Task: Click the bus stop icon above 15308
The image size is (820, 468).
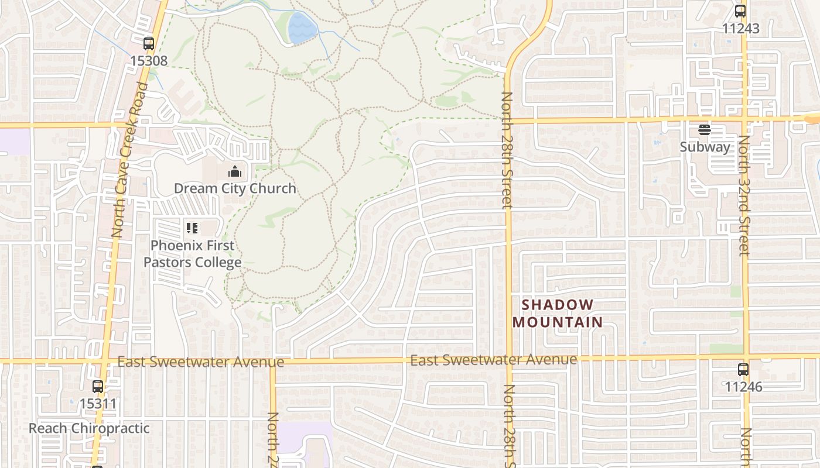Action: pyautogui.click(x=149, y=43)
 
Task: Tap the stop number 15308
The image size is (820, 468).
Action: pyautogui.click(x=149, y=60)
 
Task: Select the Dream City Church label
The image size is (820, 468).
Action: pyautogui.click(x=235, y=188)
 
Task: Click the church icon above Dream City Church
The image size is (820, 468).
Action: pyautogui.click(x=235, y=171)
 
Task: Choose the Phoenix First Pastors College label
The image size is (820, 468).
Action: pyautogui.click(x=193, y=254)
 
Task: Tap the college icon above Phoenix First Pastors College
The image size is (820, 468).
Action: pyautogui.click(x=192, y=228)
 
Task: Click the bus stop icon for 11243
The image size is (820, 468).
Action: pyautogui.click(x=740, y=11)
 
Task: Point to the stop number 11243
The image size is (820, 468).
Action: pyautogui.click(x=740, y=28)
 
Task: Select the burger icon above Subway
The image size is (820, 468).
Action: pyautogui.click(x=705, y=130)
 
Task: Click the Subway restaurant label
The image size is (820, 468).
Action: pyautogui.click(x=705, y=147)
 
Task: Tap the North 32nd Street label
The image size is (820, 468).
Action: pyautogui.click(x=744, y=196)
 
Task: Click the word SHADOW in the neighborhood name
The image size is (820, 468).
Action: pyautogui.click(x=557, y=305)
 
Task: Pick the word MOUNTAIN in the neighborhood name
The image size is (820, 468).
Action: pyautogui.click(x=557, y=322)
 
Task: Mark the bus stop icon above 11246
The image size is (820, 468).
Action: pyautogui.click(x=743, y=370)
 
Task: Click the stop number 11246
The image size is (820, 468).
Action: pyautogui.click(x=743, y=387)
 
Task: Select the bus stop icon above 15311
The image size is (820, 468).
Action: pyautogui.click(x=98, y=387)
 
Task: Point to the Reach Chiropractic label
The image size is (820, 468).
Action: pyautogui.click(x=89, y=428)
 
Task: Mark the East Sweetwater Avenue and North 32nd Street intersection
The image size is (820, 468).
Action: pyautogui.click(x=747, y=356)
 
